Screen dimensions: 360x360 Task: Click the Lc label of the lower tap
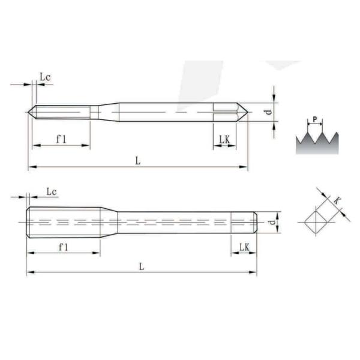(x=52, y=191)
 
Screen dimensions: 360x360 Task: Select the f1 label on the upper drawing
(x=61, y=139)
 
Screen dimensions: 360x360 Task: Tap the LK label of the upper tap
(x=224, y=139)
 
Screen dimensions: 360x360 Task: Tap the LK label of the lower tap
(x=244, y=247)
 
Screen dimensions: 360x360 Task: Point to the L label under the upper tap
(x=138, y=160)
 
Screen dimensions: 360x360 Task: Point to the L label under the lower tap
(x=141, y=267)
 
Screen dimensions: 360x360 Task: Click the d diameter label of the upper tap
(x=270, y=112)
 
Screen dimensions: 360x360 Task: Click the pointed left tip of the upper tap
(x=31, y=112)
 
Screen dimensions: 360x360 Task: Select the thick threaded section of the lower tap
(x=63, y=222)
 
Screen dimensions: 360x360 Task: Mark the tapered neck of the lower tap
(x=109, y=222)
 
